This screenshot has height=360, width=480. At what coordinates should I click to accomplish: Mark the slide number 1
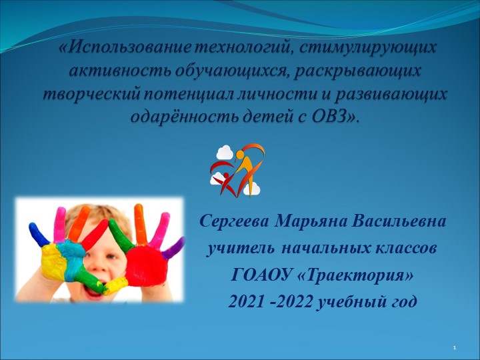click(x=454, y=348)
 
